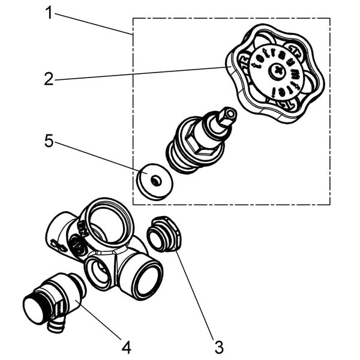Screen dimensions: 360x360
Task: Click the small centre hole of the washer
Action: point(155,180)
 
